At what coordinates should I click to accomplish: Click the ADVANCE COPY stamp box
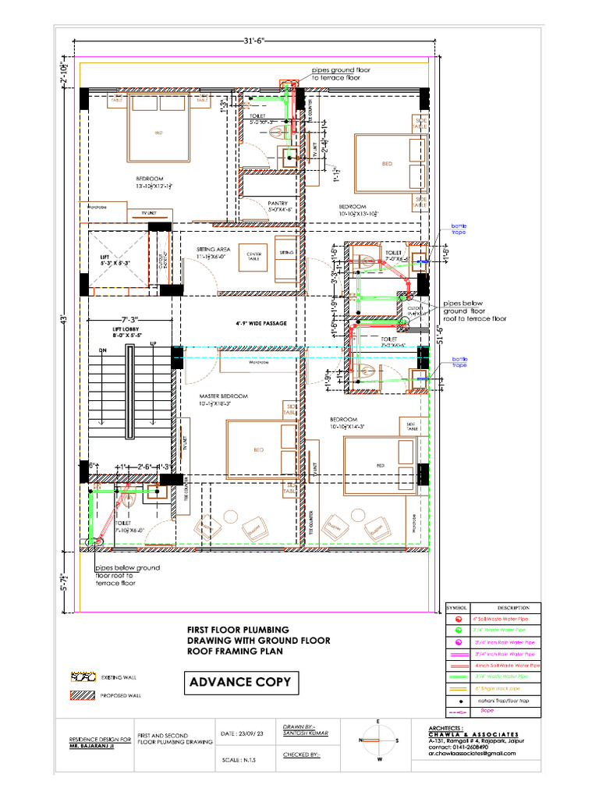(x=240, y=682)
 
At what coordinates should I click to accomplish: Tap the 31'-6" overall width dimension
(x=255, y=41)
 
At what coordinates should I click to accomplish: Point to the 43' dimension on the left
(x=66, y=319)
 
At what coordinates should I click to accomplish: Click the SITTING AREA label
(x=211, y=250)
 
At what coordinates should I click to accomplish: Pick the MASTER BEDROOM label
(x=223, y=396)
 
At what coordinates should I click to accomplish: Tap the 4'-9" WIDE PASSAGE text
(x=261, y=323)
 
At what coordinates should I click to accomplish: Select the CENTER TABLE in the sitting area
(x=254, y=255)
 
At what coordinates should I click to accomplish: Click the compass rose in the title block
(x=378, y=739)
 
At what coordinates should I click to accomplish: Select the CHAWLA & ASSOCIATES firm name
(x=473, y=734)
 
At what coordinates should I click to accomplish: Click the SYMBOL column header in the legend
(x=455, y=607)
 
